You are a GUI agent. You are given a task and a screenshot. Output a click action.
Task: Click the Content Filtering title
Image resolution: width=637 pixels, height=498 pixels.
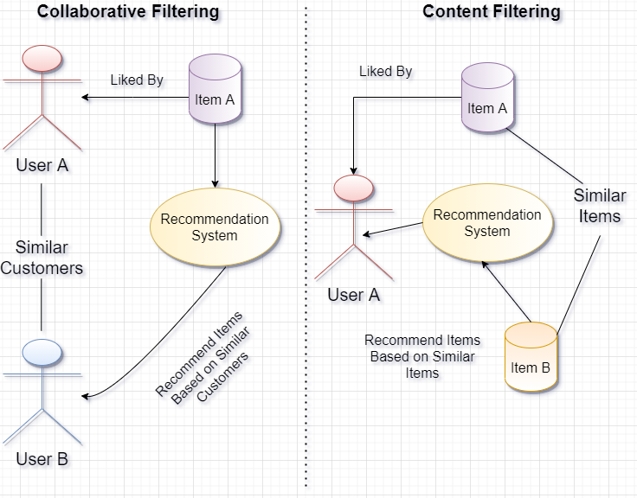point(492,12)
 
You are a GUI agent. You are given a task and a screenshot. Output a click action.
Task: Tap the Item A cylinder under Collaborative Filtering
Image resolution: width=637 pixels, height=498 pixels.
point(215,92)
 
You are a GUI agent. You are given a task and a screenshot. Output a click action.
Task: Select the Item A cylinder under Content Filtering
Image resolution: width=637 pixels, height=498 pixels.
point(487,100)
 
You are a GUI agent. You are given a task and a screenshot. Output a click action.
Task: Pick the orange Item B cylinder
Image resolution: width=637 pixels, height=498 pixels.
point(530,359)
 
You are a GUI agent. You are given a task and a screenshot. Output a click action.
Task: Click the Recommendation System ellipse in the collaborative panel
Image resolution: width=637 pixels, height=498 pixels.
point(215,227)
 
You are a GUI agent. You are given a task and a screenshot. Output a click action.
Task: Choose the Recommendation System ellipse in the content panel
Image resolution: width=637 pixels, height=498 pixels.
point(487,222)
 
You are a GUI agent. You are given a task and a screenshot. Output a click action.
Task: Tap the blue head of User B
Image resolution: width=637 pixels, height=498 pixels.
point(42,352)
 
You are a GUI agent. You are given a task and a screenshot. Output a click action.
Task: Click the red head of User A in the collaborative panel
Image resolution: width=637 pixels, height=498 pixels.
point(42,58)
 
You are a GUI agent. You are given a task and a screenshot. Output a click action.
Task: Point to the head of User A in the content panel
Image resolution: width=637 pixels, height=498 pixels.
point(353,188)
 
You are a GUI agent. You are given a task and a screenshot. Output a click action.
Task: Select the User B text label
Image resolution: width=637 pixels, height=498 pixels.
point(42,460)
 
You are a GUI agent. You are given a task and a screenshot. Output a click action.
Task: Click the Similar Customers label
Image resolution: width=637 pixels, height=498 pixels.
point(42,259)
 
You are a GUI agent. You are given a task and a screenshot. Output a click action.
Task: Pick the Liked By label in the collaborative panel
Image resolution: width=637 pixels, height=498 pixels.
point(138,81)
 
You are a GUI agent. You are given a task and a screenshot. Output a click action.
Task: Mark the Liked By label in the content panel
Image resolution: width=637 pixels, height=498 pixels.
point(387,73)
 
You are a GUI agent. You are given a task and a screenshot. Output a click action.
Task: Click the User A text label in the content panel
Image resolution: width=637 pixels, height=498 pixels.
point(355,296)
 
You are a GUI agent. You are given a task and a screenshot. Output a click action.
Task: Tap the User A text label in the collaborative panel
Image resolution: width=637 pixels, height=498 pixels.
point(42,165)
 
